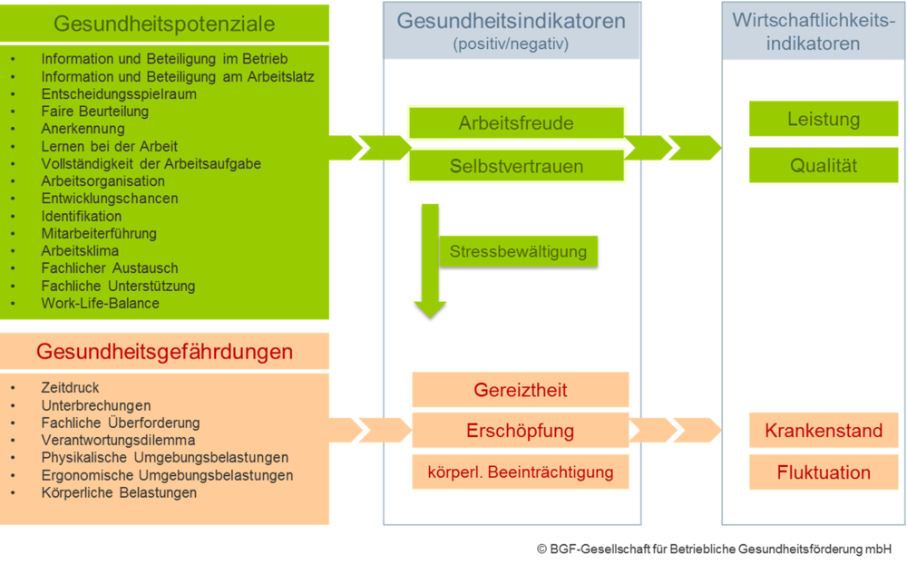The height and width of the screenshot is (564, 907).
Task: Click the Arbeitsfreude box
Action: (x=516, y=123)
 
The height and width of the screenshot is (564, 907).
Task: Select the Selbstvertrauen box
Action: (x=516, y=167)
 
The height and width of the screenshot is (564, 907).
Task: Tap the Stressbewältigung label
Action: (x=519, y=251)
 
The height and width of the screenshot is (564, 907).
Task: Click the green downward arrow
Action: (x=430, y=263)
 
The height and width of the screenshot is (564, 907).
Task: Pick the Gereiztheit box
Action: (x=521, y=390)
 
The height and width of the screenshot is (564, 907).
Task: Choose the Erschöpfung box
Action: (x=521, y=430)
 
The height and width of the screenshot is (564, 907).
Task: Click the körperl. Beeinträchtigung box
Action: (x=521, y=472)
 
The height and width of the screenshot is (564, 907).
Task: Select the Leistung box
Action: (x=824, y=120)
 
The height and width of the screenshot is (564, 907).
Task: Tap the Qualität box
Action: (x=824, y=166)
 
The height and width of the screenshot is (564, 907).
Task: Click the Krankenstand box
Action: (x=824, y=430)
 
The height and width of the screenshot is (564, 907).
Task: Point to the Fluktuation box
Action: (x=824, y=472)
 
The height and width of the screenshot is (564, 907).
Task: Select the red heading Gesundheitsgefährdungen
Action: (x=164, y=351)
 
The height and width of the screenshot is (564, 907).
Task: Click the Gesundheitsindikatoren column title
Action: (x=512, y=21)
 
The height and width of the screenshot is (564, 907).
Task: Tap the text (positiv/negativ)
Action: (x=512, y=43)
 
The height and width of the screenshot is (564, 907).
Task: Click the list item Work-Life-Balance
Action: (x=100, y=303)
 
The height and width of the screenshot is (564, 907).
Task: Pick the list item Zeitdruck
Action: (x=70, y=388)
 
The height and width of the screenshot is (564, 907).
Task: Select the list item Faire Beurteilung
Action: (x=94, y=112)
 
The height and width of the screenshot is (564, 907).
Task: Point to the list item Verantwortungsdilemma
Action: (x=118, y=440)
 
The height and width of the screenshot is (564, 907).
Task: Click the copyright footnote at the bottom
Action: (x=713, y=549)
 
